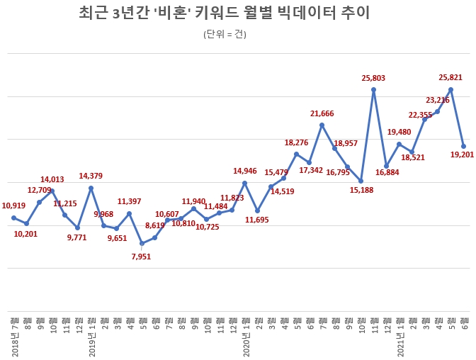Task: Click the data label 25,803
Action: pyautogui.click(x=373, y=77)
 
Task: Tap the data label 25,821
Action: pyautogui.click(x=451, y=77)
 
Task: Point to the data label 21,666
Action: pyautogui.click(x=322, y=113)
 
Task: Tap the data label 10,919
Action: pyautogui.click(x=14, y=206)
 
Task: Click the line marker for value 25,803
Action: pyautogui.click(x=373, y=89)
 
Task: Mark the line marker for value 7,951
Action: pyautogui.click(x=142, y=243)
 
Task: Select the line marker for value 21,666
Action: pyautogui.click(x=322, y=125)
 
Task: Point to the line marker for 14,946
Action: pyautogui.click(x=244, y=183)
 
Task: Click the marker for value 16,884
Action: pyautogui.click(x=386, y=166)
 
